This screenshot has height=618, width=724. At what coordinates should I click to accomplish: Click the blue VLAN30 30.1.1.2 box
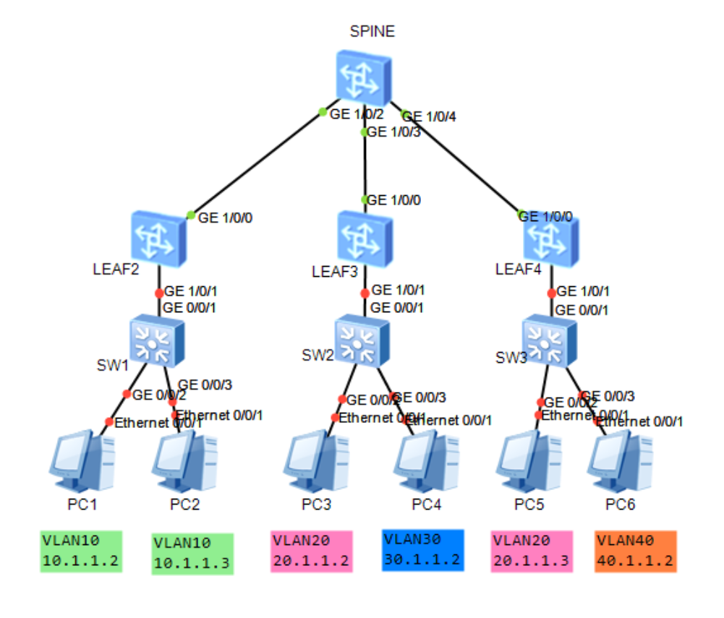pos(422,550)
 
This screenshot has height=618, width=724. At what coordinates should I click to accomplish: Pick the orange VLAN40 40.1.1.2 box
pos(635,552)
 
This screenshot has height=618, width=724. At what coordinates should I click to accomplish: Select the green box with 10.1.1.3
pos(192,554)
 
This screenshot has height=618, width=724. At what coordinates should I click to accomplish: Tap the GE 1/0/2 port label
pos(355,113)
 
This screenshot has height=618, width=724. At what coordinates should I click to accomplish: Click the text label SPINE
pos(372,32)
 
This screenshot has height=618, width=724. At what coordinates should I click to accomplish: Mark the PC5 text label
pos(529,505)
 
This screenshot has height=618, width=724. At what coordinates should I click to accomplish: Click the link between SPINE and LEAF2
pos(257,163)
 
